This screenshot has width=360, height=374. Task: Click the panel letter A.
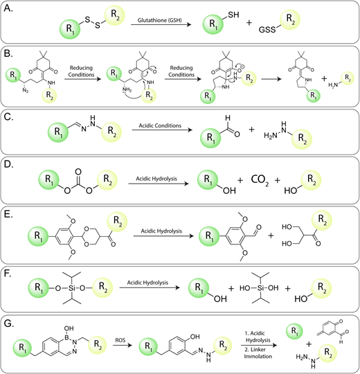pyautogui.click(x=8, y=8)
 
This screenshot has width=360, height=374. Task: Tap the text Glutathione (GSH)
pyautogui.click(x=159, y=20)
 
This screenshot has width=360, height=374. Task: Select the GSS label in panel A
pyautogui.click(x=267, y=30)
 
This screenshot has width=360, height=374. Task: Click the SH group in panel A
pyautogui.click(x=233, y=15)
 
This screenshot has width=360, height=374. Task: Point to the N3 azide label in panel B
pyautogui.click(x=26, y=91)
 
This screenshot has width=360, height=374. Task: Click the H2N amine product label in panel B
pyautogui.click(x=333, y=84)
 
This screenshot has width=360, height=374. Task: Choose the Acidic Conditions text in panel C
pyautogui.click(x=160, y=125)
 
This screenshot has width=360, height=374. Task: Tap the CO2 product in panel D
pyautogui.click(x=260, y=180)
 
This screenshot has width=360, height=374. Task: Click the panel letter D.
pyautogui.click(x=8, y=164)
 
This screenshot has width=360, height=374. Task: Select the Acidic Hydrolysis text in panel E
pyautogui.click(x=161, y=231)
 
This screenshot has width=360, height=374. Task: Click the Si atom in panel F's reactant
pyautogui.click(x=72, y=288)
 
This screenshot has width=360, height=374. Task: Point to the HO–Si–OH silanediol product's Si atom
pyautogui.click(x=260, y=288)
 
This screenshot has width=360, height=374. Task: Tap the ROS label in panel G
pyautogui.click(x=120, y=340)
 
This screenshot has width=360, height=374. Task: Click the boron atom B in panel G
pyautogui.click(x=67, y=337)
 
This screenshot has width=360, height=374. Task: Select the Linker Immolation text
pyautogui.click(x=258, y=353)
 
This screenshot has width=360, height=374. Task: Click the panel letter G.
pyautogui.click(x=9, y=324)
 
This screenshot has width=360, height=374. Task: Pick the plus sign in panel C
pyautogui.click(x=251, y=130)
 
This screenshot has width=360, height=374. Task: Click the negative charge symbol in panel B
pyautogui.click(x=242, y=67)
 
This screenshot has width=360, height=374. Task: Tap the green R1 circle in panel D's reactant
pyautogui.click(x=49, y=179)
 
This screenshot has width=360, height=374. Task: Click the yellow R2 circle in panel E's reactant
pyautogui.click(x=117, y=222)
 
